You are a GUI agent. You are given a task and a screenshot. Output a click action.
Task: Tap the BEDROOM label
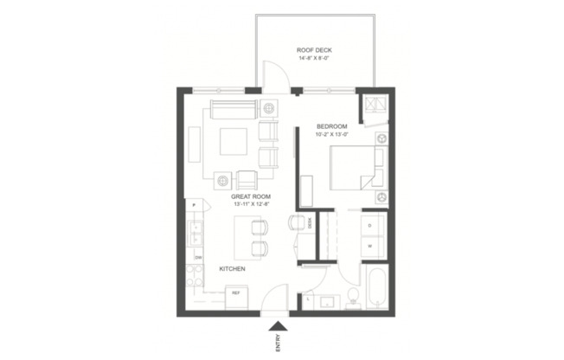(331, 127)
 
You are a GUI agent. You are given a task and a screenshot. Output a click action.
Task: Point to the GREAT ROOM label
(250, 197)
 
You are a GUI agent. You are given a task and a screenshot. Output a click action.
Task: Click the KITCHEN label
(232, 269)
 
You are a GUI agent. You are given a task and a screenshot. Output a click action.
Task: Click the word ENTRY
(278, 344)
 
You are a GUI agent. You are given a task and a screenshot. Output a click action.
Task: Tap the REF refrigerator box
(235, 292)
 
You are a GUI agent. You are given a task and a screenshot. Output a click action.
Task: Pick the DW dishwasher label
(198, 257)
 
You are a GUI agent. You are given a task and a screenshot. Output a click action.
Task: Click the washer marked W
(371, 245)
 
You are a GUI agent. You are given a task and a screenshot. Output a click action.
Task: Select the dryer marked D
(371, 224)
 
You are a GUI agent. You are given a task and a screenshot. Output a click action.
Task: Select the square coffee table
(233, 140)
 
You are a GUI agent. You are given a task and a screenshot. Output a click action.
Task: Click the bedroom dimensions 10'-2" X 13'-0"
(331, 136)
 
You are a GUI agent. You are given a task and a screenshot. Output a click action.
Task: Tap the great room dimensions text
(250, 205)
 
